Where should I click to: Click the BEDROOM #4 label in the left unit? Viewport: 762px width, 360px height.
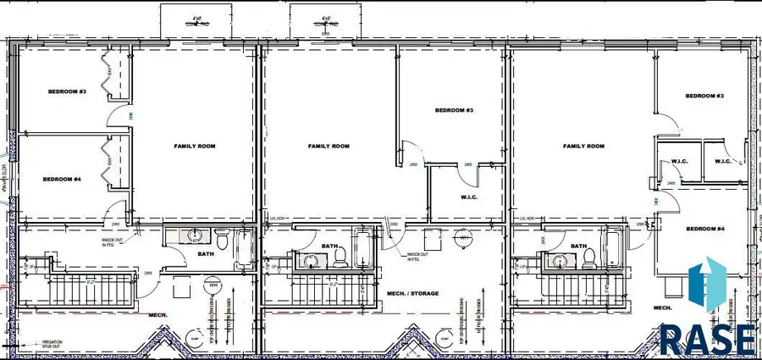[61, 180]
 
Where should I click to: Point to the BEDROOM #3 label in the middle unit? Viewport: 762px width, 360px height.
[454, 111]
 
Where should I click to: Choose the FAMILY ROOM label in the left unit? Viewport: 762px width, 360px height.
[195, 147]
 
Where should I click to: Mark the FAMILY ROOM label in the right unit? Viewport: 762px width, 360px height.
[584, 147]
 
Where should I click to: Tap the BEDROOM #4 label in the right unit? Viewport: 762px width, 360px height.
[704, 230]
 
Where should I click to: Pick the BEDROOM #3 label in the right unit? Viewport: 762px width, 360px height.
[704, 97]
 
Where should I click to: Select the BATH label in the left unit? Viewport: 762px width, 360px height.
[205, 252]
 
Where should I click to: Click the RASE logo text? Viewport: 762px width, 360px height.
[707, 339]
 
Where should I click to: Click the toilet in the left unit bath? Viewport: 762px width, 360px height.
[222, 238]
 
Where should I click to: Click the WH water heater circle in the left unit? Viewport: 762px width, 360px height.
[213, 286]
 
